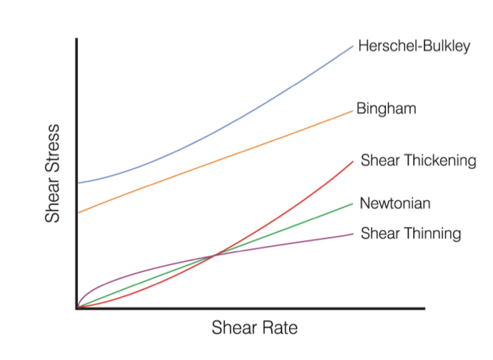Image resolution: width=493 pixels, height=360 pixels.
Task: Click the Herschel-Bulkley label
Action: [414, 46]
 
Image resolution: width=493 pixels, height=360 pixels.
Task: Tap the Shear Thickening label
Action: [418, 160]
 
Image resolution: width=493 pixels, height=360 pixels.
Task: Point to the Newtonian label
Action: [395, 203]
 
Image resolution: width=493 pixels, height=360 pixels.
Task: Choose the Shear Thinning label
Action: [411, 234]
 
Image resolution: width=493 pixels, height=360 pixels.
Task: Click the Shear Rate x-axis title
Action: [254, 328]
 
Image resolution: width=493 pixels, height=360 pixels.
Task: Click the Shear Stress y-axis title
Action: [53, 173]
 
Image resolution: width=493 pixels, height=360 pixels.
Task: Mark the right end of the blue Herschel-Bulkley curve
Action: [353, 46]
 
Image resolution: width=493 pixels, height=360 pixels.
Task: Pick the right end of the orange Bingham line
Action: [352, 111]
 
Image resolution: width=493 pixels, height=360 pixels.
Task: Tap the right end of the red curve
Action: [353, 162]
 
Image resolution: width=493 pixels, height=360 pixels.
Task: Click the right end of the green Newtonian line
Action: [352, 203]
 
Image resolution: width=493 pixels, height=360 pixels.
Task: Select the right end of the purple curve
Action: [353, 234]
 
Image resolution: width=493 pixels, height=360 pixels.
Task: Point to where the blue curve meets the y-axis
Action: [77, 183]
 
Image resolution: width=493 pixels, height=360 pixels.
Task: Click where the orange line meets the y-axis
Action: [77, 212]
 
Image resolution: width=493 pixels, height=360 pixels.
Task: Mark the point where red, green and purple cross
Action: [214, 255]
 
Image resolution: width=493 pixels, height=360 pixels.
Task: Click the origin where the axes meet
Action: [77, 308]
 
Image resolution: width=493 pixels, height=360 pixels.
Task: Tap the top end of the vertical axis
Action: [77, 39]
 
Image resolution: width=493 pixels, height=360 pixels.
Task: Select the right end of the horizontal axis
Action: [423, 309]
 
